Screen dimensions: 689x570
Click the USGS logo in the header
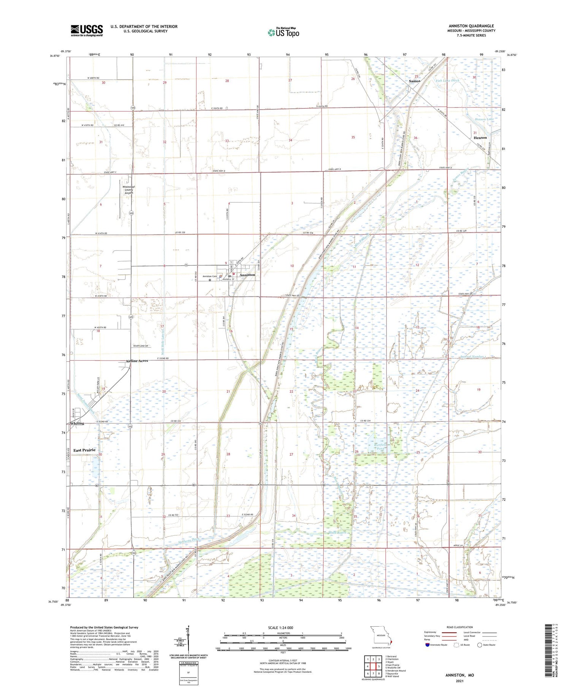point(87,30)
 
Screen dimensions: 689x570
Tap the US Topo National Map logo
point(283,32)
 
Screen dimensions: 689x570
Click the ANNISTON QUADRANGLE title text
point(471,26)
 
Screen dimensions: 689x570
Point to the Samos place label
point(415,81)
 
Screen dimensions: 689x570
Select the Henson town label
point(480,138)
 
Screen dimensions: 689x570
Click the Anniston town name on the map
point(247,275)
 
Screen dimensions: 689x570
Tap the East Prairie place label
point(84,450)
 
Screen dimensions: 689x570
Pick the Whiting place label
point(77,423)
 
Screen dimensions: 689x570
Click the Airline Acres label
point(137,361)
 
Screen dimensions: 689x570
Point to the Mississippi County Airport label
point(128,190)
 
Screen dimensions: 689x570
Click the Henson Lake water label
point(484,119)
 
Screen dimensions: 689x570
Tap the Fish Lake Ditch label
point(447,81)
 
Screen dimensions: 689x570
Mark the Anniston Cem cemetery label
point(209,276)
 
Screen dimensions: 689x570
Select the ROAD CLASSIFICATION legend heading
point(460,627)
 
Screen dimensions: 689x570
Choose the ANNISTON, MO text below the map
point(459,675)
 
